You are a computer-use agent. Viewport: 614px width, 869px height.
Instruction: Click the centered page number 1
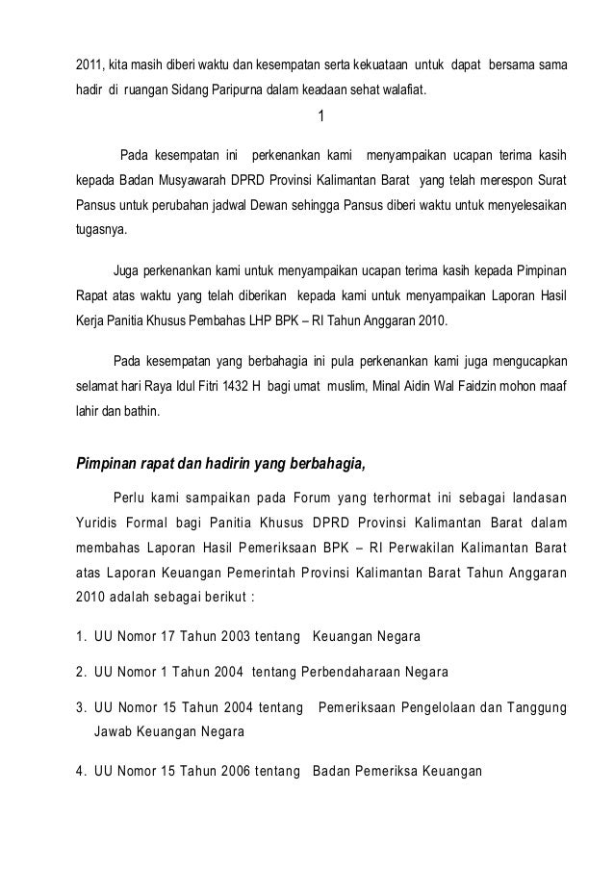(x=320, y=117)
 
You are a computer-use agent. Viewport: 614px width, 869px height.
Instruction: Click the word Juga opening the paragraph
(x=126, y=269)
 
